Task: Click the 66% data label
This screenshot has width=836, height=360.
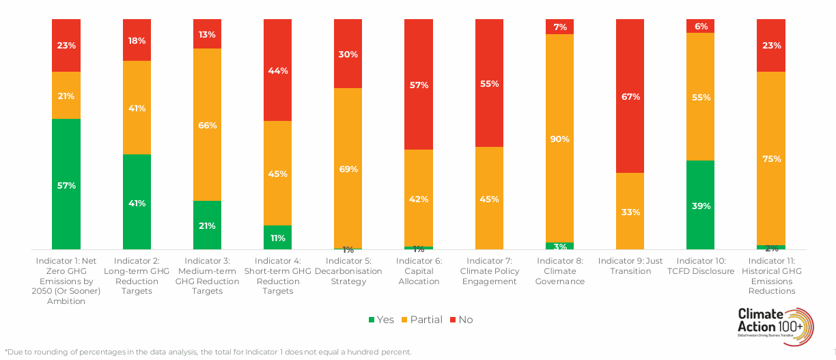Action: click(208, 126)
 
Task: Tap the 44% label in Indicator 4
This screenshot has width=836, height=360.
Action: click(278, 70)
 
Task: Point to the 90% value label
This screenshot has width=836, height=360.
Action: click(559, 139)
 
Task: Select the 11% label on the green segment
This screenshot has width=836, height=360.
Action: click(278, 238)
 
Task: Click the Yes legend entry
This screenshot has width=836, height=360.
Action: click(381, 320)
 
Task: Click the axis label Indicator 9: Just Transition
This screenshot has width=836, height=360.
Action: click(630, 266)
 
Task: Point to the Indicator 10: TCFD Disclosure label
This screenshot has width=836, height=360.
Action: click(700, 266)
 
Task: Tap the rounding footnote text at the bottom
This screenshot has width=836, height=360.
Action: click(208, 352)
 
